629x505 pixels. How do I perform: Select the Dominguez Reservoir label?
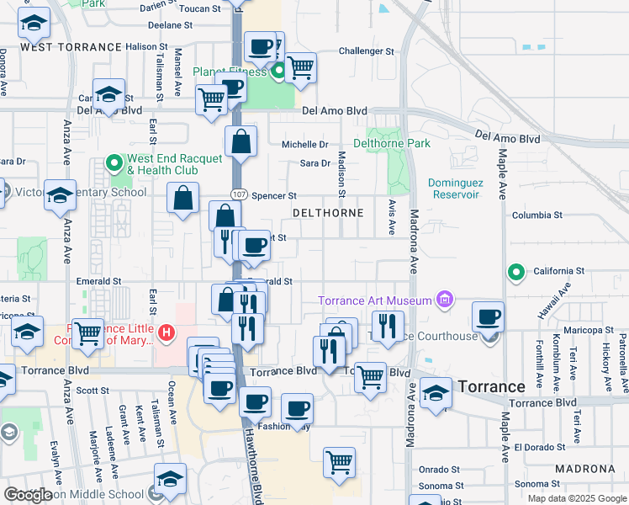(x=453, y=188)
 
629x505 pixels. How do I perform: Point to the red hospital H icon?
(x=166, y=333)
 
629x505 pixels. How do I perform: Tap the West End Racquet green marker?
(x=115, y=162)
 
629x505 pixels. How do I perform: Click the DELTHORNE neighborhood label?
(x=328, y=213)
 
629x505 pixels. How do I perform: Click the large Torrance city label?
(x=492, y=386)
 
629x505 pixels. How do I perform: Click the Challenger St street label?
(x=366, y=51)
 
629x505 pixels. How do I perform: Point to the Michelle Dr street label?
(x=304, y=145)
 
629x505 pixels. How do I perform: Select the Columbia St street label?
(x=536, y=215)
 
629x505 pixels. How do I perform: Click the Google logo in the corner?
(x=28, y=495)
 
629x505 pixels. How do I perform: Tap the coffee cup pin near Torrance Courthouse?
(x=488, y=317)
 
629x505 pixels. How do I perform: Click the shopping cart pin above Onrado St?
(x=339, y=461)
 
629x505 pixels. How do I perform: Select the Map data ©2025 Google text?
(x=576, y=497)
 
